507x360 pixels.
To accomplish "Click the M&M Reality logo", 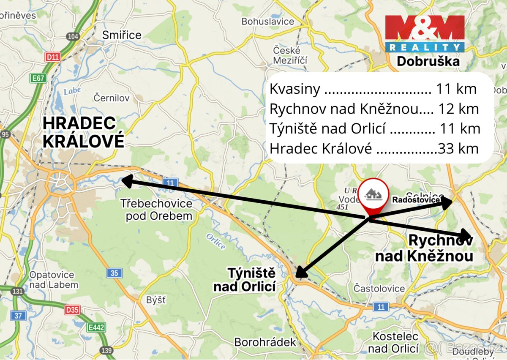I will [x=425, y=34].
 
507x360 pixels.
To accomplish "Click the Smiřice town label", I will [x=122, y=35].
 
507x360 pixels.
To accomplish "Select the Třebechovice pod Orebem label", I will [x=156, y=210].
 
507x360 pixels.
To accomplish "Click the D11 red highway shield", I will [x=53, y=57].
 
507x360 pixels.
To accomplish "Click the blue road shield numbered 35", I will [x=114, y=273].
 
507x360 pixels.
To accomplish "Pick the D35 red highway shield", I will [x=72, y=310].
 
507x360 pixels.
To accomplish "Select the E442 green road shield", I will [x=96, y=327].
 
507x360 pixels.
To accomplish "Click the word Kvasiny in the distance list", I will [x=294, y=89].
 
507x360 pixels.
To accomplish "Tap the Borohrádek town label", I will [x=265, y=342].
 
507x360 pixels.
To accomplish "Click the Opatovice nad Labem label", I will [x=54, y=280].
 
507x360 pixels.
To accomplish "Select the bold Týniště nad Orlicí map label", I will [x=245, y=280].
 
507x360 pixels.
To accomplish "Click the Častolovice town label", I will [x=379, y=289].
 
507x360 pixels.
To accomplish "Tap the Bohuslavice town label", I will [x=267, y=21].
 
